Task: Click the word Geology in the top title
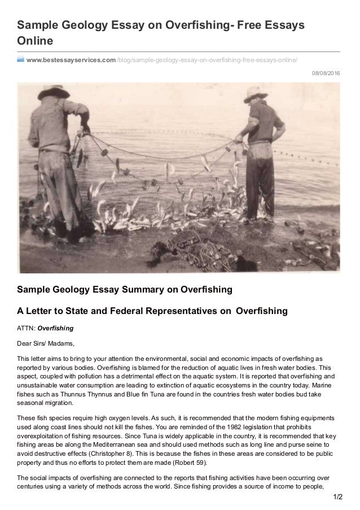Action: point(81,27)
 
